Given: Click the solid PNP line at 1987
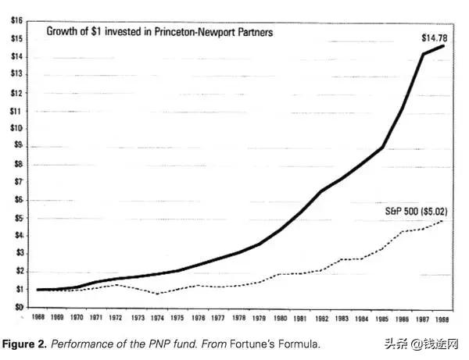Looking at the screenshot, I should pyautogui.click(x=424, y=55).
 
